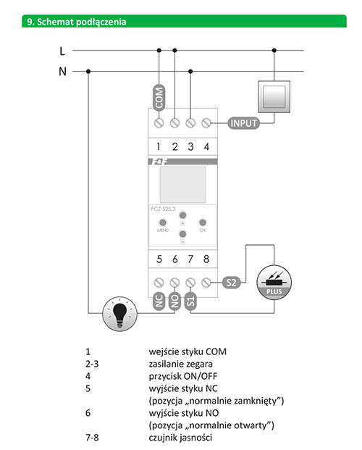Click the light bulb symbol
coord(119,314)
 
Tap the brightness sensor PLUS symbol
coord(274,283)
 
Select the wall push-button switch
coord(274,96)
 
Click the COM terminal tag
coord(159,98)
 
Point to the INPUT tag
coord(243,123)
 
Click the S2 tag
coord(231,283)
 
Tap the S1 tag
coord(190,301)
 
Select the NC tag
coord(159,301)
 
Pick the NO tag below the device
coord(174,301)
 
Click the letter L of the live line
coord(62,51)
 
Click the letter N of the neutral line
coord(62,71)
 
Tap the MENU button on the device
coord(163,222)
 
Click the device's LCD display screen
coord(182,185)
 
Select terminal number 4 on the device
coord(206,146)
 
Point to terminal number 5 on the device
coord(159,259)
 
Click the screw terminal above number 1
coord(159,123)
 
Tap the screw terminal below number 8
coord(206,283)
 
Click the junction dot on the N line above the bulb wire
coord(88,71)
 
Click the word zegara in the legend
coord(198,364)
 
